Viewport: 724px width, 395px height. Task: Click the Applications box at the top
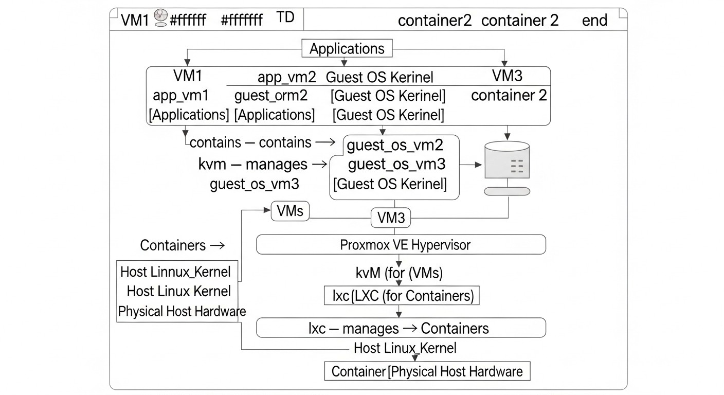(x=347, y=49)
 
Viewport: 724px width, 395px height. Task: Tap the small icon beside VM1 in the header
(x=160, y=19)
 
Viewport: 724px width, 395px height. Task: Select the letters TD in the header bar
(x=285, y=17)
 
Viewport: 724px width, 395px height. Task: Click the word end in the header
(x=594, y=21)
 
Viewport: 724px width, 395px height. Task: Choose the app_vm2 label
(x=286, y=77)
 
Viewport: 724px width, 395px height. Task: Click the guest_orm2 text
(x=270, y=96)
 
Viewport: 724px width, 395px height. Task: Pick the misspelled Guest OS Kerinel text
(x=379, y=77)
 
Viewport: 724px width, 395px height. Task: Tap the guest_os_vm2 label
(x=395, y=146)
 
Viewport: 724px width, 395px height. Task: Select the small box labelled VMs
(x=290, y=211)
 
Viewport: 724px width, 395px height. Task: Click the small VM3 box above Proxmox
(x=391, y=218)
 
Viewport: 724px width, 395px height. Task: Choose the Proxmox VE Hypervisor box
(x=401, y=245)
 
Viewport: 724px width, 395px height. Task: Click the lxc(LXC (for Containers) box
(x=402, y=296)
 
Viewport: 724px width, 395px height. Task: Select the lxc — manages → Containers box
(x=401, y=328)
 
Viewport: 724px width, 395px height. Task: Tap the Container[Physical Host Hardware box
(x=427, y=371)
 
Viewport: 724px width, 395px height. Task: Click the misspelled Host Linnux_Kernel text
(x=175, y=272)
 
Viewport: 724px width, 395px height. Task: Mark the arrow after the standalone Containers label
(x=218, y=245)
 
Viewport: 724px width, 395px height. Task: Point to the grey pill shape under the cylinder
(x=507, y=191)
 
